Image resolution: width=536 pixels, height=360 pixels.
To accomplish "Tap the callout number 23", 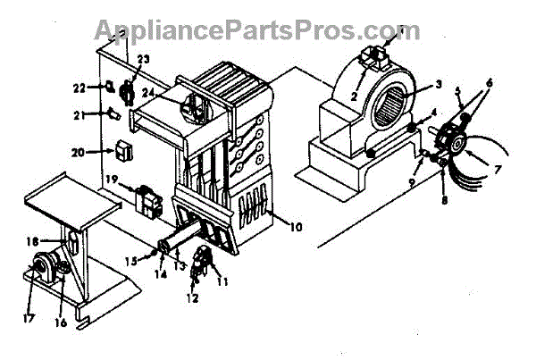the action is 144,61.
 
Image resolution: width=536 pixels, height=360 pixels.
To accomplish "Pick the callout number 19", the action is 112,180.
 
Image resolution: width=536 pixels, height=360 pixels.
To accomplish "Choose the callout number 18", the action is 31,241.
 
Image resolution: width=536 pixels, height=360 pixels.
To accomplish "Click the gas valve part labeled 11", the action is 205,259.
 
